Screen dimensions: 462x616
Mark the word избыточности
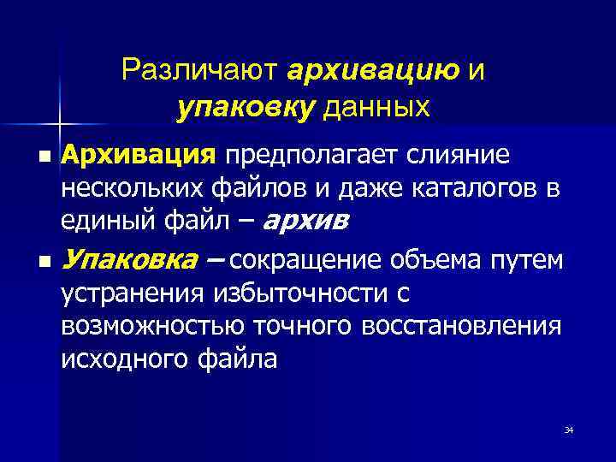click(x=292, y=293)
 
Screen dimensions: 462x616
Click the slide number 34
click(x=569, y=429)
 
